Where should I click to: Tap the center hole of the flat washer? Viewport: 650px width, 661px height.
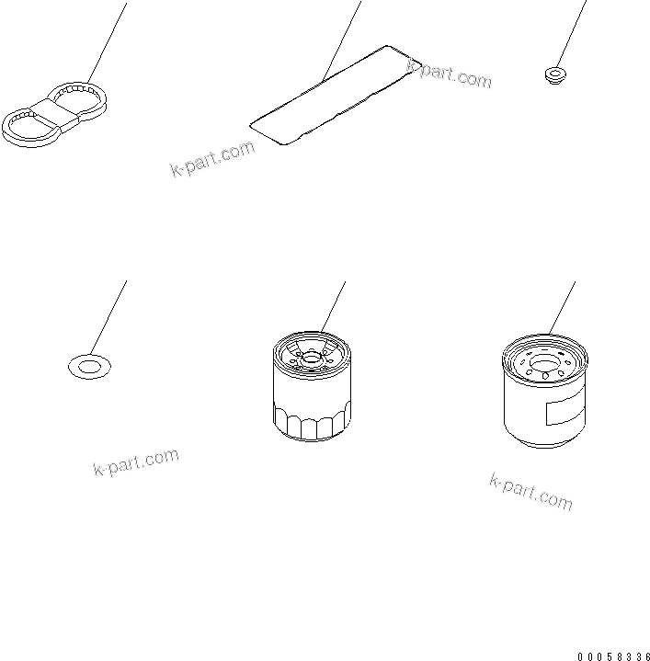point(88,368)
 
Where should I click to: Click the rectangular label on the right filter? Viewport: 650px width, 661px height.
point(563,409)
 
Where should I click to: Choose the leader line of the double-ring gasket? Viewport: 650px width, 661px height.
point(107,41)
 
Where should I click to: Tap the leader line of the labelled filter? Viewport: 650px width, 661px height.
point(562,306)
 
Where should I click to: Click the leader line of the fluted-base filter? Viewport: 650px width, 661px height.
point(333,305)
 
